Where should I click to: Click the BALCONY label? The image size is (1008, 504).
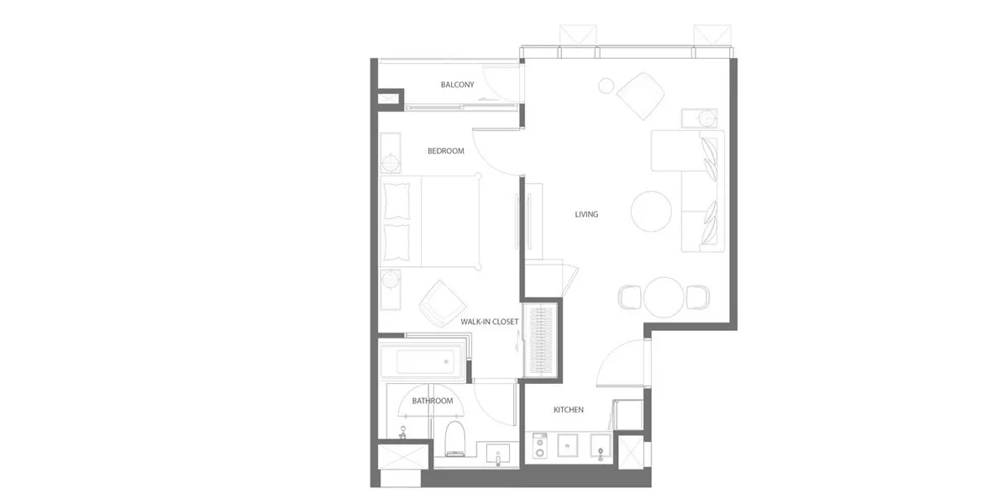[x=457, y=85]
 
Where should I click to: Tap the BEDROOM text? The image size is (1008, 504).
[x=445, y=150]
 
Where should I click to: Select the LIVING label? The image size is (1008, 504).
[x=586, y=214]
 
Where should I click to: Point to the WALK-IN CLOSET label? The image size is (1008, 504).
[x=489, y=322]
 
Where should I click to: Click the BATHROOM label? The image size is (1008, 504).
[x=433, y=401]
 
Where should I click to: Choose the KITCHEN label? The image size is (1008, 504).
[x=569, y=410]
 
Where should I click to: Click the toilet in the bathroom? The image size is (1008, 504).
[x=454, y=438]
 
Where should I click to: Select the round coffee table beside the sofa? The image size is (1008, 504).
[x=651, y=212]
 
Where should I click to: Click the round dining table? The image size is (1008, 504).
[x=664, y=297]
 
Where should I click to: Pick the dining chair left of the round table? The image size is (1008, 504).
[x=629, y=297]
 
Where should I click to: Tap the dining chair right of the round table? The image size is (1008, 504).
[x=697, y=297]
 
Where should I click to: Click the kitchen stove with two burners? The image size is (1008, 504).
[x=539, y=446]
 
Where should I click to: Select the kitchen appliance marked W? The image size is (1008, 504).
[x=568, y=445]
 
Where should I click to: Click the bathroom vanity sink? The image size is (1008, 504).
[x=497, y=454]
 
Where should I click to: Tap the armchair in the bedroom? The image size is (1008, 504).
[x=443, y=304]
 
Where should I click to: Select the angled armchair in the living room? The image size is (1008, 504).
[x=641, y=96]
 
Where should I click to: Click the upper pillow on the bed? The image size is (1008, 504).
[x=396, y=201]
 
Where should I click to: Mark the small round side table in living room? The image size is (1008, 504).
[x=606, y=86]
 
